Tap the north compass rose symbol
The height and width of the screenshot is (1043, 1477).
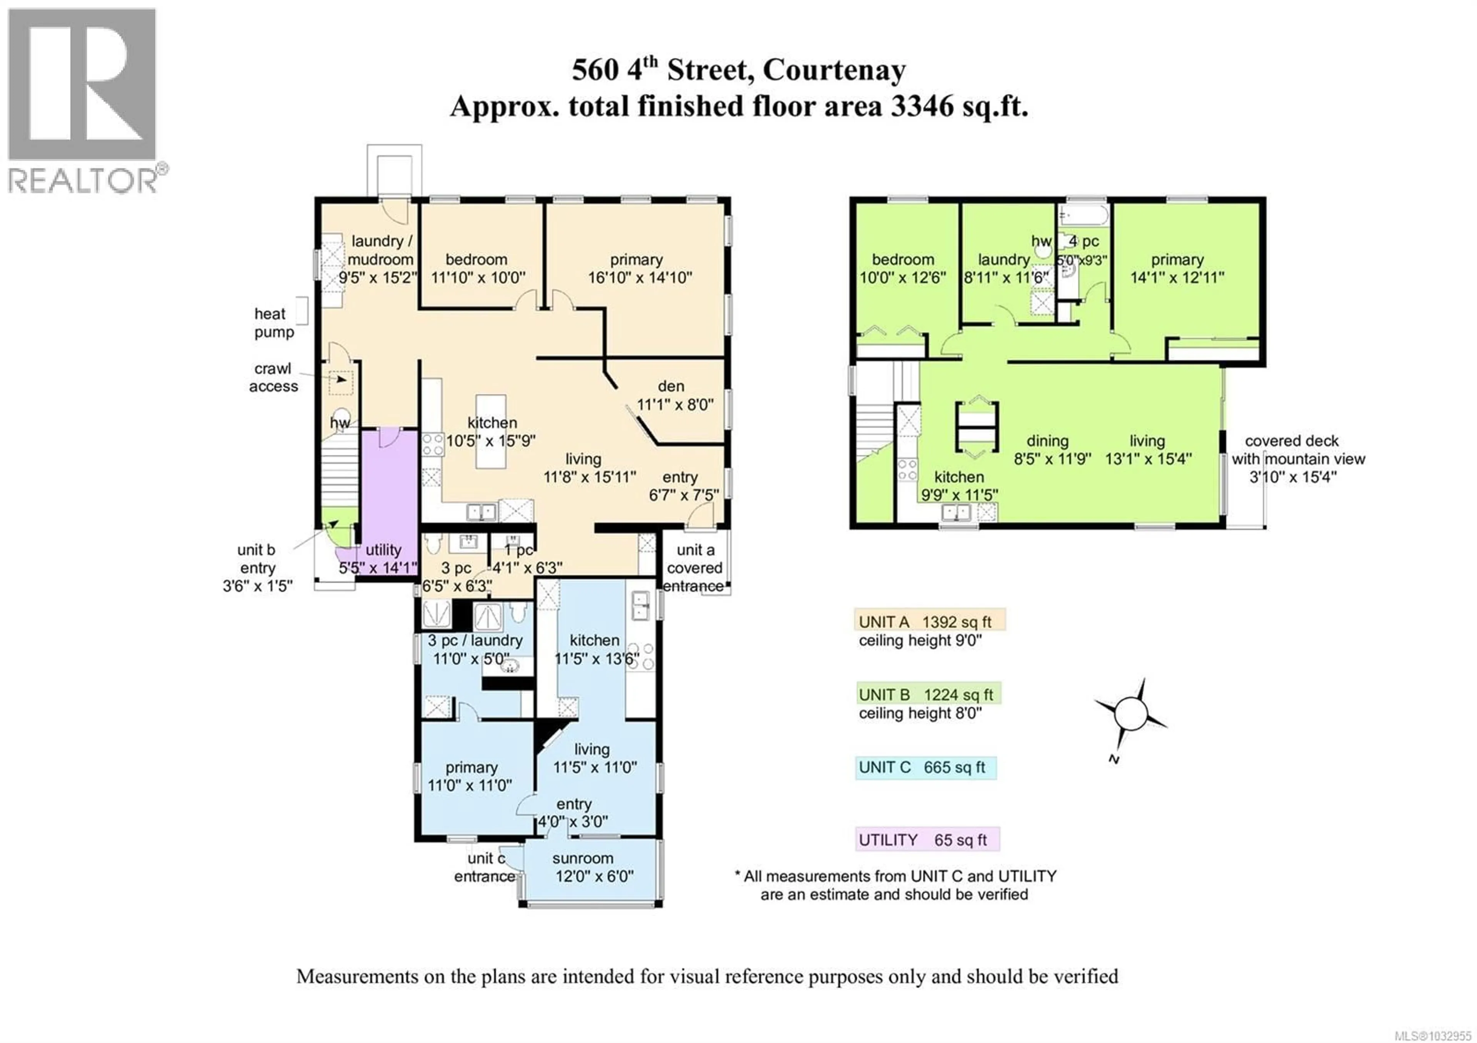click(1130, 714)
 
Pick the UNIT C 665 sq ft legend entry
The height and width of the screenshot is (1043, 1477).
click(924, 767)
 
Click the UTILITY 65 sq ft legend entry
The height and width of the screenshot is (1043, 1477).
click(926, 840)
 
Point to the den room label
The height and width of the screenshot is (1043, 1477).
click(671, 387)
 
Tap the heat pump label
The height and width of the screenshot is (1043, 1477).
click(273, 323)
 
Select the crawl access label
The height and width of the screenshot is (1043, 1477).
click(273, 377)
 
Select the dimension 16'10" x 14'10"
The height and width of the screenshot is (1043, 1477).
click(639, 278)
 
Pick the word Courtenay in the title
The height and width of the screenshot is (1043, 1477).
click(834, 70)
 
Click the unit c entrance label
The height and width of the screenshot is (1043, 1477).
click(486, 868)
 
